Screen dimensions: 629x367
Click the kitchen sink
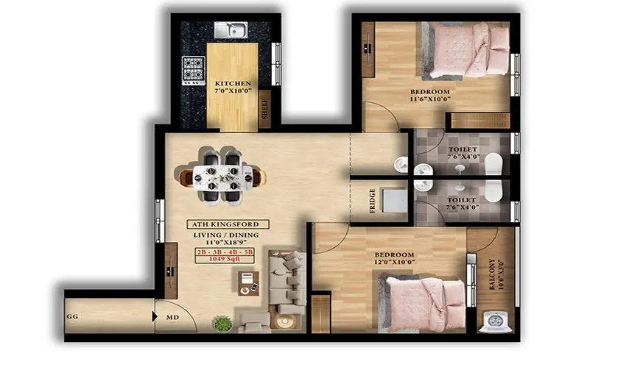point(231,30)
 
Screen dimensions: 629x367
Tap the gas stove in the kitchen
point(194,71)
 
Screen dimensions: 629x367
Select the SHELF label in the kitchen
point(264,109)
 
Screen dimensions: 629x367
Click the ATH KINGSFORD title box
point(228,224)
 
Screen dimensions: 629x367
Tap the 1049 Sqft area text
point(225,259)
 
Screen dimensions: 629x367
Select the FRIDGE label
point(373,201)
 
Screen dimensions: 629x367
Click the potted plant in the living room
point(222,324)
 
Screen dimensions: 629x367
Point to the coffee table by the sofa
point(248,283)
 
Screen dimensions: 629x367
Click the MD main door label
point(172,317)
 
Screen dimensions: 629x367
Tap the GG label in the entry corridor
point(72,316)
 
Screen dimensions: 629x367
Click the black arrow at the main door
point(155,316)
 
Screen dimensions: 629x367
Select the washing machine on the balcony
point(496,321)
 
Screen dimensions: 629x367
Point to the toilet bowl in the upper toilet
point(493,164)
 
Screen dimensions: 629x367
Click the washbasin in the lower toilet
point(424,185)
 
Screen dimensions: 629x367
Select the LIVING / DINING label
point(226,235)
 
